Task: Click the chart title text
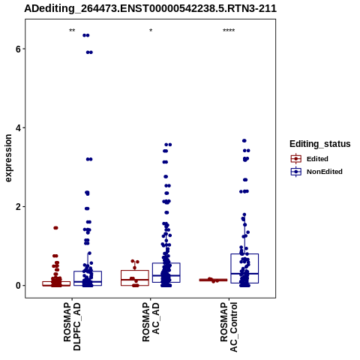click(150, 8)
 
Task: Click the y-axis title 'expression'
click(8, 158)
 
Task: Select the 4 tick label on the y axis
click(18, 127)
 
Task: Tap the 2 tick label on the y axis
click(18, 207)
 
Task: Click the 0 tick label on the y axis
click(18, 286)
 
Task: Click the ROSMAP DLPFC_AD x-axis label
click(72, 327)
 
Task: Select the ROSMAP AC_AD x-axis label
click(151, 322)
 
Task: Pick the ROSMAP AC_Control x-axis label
click(229, 327)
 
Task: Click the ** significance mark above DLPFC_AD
click(72, 31)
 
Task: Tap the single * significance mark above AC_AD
click(151, 31)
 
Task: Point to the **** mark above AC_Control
click(229, 31)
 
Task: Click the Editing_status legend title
click(320, 144)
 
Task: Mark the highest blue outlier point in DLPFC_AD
click(86, 35)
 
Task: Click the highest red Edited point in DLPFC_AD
click(55, 228)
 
